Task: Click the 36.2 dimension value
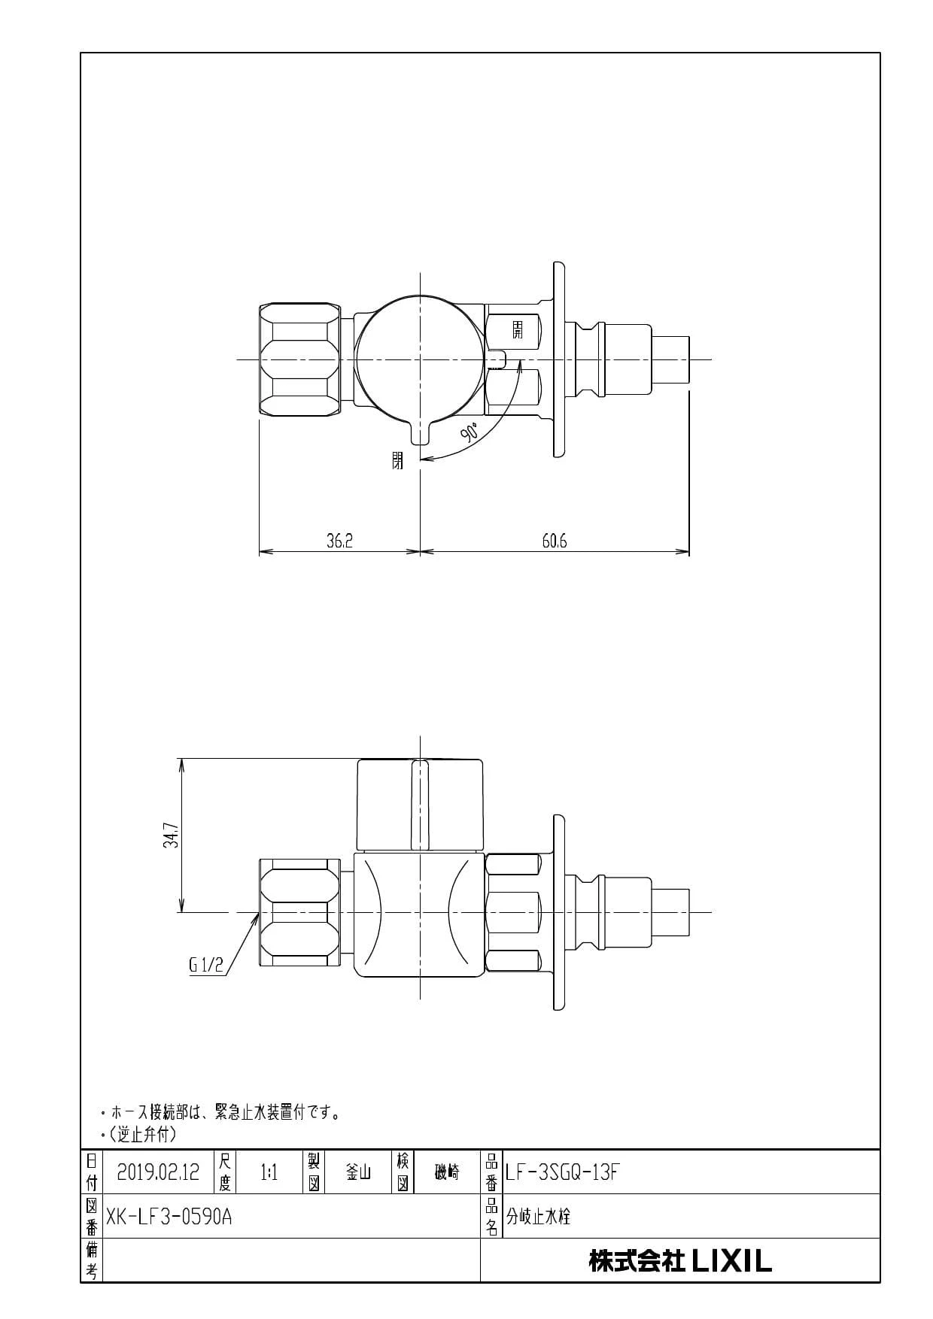pyautogui.click(x=339, y=541)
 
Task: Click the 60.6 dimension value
pyautogui.click(x=555, y=541)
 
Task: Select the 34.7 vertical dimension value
pyautogui.click(x=172, y=835)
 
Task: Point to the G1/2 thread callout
pyautogui.click(x=206, y=966)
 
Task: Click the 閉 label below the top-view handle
pyautogui.click(x=397, y=460)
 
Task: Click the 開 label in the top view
pyautogui.click(x=518, y=329)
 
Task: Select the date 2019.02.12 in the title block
pyautogui.click(x=158, y=1172)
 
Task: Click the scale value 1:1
pyautogui.click(x=269, y=1172)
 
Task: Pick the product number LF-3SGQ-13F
pyautogui.click(x=563, y=1172)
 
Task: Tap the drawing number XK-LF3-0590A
pyautogui.click(x=169, y=1217)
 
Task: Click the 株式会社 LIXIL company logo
pyautogui.click(x=680, y=1260)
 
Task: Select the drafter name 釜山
pyautogui.click(x=357, y=1172)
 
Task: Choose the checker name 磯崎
pyautogui.click(x=447, y=1172)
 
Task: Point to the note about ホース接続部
pyautogui.click(x=226, y=1112)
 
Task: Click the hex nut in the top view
pyautogui.click(x=299, y=359)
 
